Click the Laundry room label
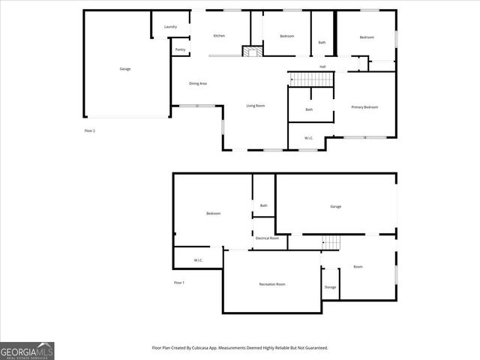click(x=170, y=27)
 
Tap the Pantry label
click(x=180, y=49)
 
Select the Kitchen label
click(x=219, y=36)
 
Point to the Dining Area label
click(x=198, y=83)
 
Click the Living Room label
click(x=256, y=106)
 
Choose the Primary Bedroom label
click(x=365, y=107)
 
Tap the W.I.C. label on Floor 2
click(x=309, y=138)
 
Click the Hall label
click(x=322, y=67)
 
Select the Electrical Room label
click(x=267, y=238)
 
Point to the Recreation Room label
click(x=272, y=284)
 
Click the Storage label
click(x=330, y=287)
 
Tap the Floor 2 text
click(x=89, y=130)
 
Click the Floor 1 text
click(x=178, y=282)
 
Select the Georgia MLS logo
click(x=27, y=350)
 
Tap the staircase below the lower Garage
click(x=331, y=242)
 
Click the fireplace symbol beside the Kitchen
click(x=252, y=52)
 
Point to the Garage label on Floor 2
click(x=125, y=69)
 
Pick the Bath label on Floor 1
click(x=263, y=205)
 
